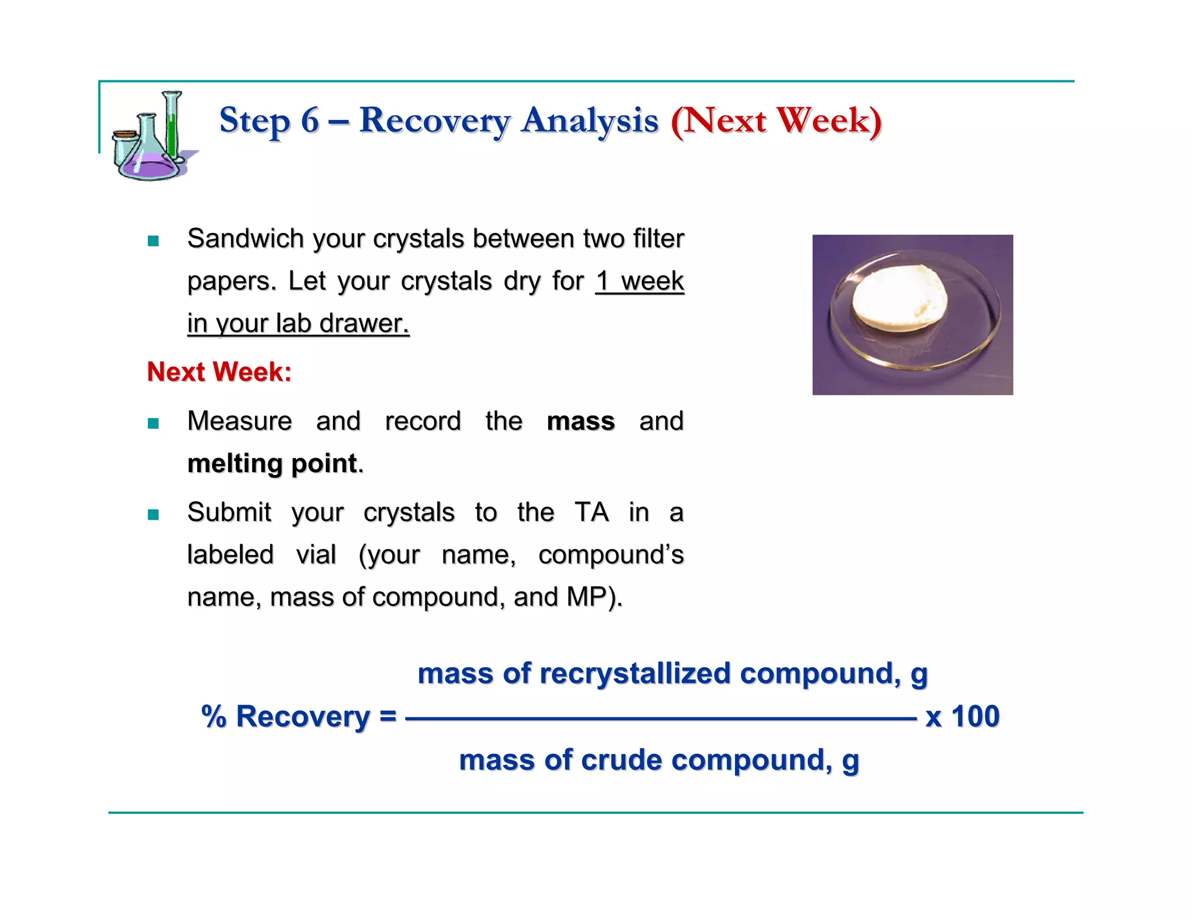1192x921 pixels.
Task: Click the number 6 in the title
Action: [x=310, y=121]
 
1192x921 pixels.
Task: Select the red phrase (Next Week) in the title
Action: [x=776, y=121]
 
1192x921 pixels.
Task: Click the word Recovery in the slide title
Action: [x=434, y=121]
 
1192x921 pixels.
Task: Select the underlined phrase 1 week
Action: [x=639, y=281]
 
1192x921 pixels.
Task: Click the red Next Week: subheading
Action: [x=219, y=372]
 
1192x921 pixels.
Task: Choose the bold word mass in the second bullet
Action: [x=580, y=421]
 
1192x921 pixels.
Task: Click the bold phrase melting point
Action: [x=272, y=464]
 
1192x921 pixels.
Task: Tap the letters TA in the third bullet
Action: [x=591, y=512]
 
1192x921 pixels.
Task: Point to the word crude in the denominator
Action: [x=621, y=760]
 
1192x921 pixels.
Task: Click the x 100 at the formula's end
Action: [x=962, y=717]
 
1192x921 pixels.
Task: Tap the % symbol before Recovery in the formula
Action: [x=214, y=717]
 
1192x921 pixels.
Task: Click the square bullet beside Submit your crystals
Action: [x=153, y=515]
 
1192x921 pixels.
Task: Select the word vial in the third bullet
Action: [x=316, y=555]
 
